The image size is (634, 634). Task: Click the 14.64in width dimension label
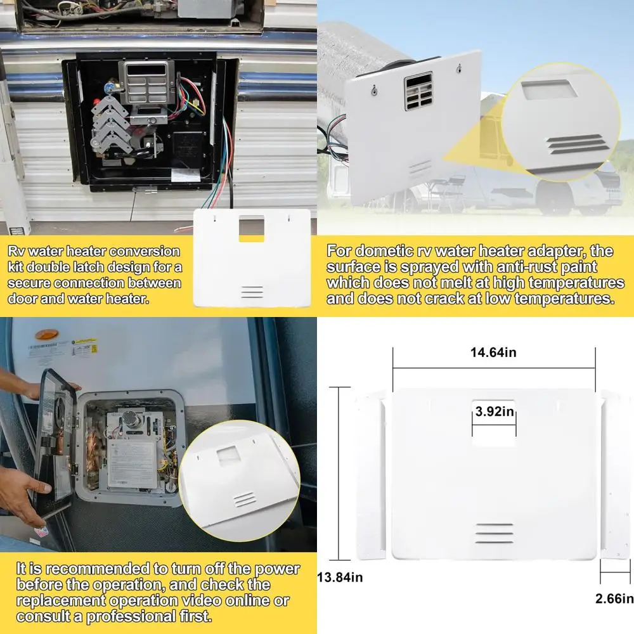coord(494,353)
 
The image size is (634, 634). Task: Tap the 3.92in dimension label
coord(495,411)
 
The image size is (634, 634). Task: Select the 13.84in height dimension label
coord(340,577)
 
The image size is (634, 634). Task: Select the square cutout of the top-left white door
coord(252,228)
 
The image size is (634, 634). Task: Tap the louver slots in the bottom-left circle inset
coord(243,500)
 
